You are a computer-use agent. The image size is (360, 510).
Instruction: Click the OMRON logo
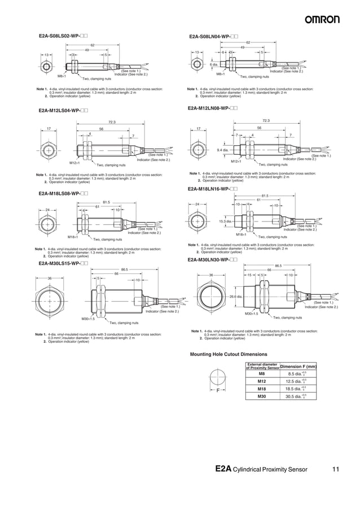tap(323, 19)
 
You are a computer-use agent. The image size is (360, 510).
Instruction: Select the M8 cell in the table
tap(261, 373)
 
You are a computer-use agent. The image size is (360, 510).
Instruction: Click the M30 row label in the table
tap(261, 396)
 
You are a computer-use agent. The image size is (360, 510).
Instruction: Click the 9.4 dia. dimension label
tap(223, 150)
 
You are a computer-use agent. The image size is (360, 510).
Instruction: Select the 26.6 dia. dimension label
tap(236, 296)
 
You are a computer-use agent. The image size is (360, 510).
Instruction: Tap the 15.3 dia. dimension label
tap(226, 222)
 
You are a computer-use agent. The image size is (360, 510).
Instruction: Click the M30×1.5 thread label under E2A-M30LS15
tap(88, 319)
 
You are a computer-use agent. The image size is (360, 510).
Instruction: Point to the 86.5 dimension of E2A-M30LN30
tap(278, 265)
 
